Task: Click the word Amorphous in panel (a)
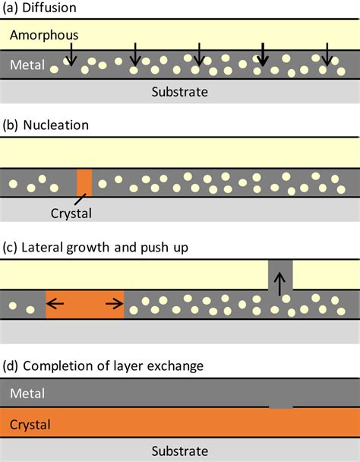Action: [44, 36]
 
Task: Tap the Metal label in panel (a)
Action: [27, 65]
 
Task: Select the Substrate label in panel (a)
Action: [180, 92]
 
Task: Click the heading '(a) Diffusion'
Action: [39, 8]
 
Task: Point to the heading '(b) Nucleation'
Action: [46, 125]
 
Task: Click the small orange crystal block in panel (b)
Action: [84, 182]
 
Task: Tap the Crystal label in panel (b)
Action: [71, 214]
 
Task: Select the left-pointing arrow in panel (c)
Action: [55, 303]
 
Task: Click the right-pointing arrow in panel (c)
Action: [115, 303]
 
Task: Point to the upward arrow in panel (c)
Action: [279, 284]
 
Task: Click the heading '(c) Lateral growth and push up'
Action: [95, 248]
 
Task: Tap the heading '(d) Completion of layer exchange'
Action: [103, 366]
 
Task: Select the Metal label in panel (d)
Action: [27, 394]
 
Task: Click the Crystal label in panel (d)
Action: [30, 425]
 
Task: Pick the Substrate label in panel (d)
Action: [180, 451]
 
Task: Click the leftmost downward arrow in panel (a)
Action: [71, 55]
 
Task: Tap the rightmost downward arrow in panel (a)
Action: [327, 55]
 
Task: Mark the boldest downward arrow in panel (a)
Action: [263, 55]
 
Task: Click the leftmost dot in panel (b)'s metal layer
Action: [13, 184]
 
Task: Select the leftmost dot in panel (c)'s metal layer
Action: [13, 305]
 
